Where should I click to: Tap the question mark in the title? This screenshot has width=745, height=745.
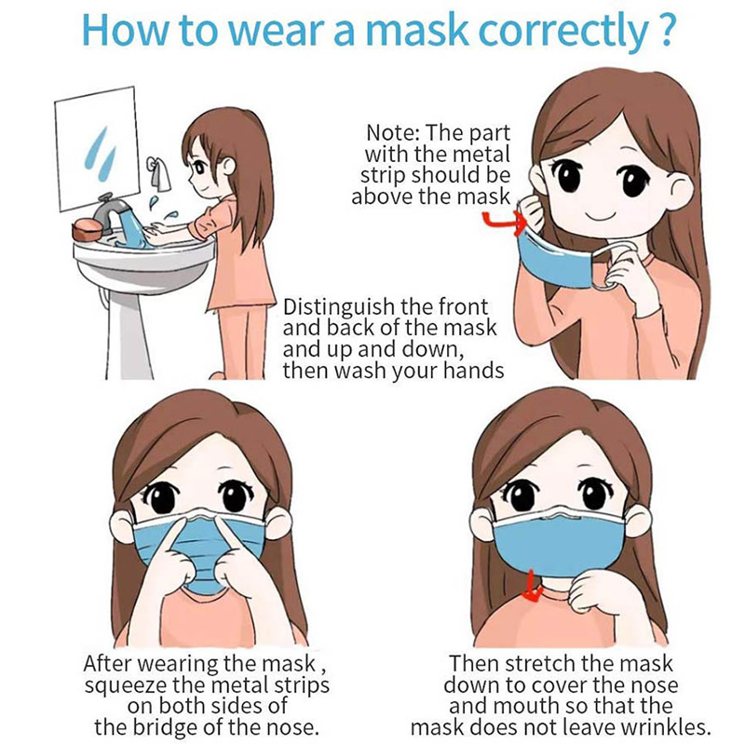662,30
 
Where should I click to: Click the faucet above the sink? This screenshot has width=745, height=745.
111,210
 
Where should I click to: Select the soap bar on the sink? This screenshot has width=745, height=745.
87,229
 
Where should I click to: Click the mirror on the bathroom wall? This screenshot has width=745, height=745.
98,149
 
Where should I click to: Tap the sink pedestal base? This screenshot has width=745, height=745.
126,332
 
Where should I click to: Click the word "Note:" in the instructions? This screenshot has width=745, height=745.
392,133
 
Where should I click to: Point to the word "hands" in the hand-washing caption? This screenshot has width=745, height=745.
473,370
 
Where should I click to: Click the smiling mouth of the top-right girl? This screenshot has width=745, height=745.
600,218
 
